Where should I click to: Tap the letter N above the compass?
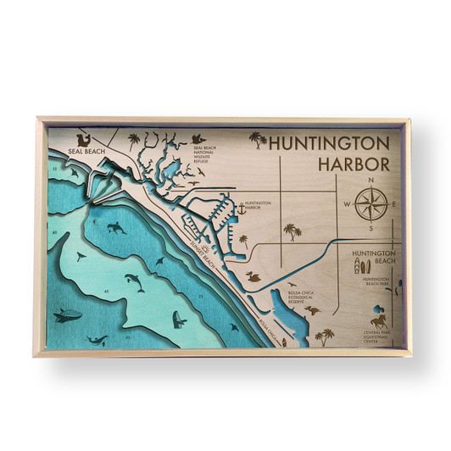[370, 181]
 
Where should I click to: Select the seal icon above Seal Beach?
[82, 138]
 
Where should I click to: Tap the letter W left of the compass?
[347, 205]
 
